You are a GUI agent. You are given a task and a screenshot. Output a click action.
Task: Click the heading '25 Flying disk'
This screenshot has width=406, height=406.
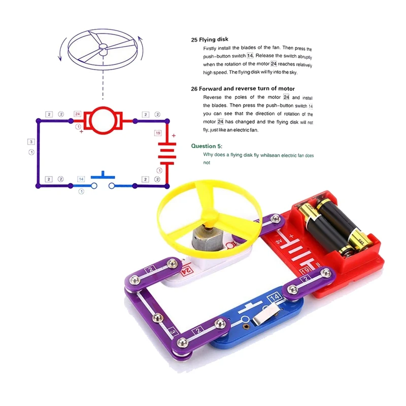pos(210,40)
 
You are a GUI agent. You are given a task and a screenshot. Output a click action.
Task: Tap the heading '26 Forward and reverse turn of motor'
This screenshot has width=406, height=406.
pos(243,88)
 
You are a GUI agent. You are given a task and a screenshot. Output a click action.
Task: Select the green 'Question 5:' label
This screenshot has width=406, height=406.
pos(207,146)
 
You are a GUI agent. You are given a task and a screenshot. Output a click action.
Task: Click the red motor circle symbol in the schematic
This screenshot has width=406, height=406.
pos(103,120)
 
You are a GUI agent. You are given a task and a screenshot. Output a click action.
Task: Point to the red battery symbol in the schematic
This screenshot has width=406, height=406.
pos(167,154)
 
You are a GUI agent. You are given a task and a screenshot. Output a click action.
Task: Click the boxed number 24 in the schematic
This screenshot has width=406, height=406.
pos(78,114)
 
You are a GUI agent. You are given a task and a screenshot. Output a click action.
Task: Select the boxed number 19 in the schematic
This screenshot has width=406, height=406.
pos(158,133)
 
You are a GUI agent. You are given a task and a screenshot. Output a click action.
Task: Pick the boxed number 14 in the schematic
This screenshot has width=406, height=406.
pos(81,179)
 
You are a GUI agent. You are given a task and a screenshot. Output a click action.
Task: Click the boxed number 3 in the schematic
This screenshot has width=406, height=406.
pos(31,142)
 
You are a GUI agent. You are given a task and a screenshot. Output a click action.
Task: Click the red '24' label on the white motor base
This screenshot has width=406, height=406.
pos(187,270)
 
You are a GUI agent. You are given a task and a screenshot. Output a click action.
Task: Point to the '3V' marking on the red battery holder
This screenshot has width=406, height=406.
pos(279,242)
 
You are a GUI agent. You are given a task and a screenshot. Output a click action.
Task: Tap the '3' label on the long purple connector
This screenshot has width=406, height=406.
pos(173,332)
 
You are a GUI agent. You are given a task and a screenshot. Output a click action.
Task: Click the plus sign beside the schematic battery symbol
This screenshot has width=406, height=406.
pos(174,136)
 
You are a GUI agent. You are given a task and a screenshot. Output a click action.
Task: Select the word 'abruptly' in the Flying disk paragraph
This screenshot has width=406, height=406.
pos(305,56)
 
